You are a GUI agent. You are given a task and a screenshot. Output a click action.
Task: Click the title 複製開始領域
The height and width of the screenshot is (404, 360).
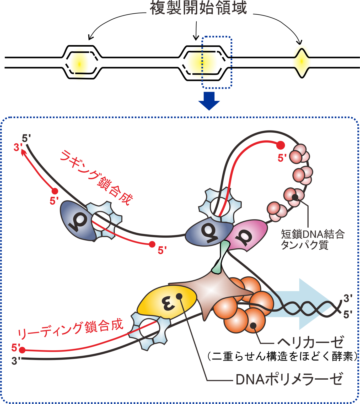pos(198,8)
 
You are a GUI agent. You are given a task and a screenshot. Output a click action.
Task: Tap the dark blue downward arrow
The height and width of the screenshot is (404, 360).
pos(209,101)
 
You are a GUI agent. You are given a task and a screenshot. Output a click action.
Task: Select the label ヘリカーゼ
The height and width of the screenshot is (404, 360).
pos(310,342)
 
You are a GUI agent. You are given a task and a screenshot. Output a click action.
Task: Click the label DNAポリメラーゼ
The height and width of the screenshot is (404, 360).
pos(289,379)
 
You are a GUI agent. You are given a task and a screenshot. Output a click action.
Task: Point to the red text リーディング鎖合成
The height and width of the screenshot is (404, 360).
pos(70,329)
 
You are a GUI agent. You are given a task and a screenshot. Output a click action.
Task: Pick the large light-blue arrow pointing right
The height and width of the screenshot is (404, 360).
pos(309,304)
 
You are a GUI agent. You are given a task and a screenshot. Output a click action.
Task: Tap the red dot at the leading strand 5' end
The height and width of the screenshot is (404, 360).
pos(23,350)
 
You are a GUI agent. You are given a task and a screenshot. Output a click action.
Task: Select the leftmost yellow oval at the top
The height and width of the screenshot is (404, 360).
pos(79,64)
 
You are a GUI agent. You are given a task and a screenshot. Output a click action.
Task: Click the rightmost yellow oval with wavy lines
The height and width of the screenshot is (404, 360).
pos(302,62)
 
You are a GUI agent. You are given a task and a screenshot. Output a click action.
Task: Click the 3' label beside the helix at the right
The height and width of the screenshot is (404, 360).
pos(348,298)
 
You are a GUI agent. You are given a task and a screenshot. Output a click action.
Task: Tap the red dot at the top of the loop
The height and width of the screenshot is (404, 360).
pos(281,145)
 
